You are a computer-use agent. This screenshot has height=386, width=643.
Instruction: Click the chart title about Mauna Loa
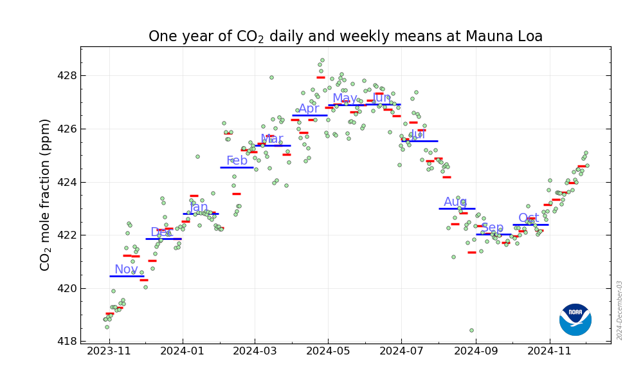pos(345,37)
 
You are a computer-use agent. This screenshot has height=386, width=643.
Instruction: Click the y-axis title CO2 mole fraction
pos(46,194)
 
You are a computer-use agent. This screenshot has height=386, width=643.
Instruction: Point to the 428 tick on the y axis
pos(66,75)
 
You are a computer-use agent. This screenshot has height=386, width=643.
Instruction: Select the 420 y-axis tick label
pos(66,288)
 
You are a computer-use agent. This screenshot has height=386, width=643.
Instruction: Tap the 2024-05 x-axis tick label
pos(328,352)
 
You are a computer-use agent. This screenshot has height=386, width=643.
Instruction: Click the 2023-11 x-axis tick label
pos(109,352)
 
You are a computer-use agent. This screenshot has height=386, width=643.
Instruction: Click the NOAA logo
pos(575,320)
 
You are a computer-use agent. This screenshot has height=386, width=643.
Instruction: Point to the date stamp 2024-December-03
pos(620,310)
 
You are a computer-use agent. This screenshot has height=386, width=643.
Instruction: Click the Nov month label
pos(126,270)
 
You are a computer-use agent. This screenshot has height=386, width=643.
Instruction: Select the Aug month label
pos(455,202)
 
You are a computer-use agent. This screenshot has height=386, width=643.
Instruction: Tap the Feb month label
pos(237,161)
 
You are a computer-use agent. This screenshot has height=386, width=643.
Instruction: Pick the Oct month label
pos(529,218)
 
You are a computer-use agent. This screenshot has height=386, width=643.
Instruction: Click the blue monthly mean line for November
pos(127,276)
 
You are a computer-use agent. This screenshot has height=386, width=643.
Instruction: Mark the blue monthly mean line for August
pos(457,208)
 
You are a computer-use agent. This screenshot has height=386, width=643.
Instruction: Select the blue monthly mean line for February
pos(237,167)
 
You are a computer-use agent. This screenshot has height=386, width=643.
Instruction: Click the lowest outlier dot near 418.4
pos(471,331)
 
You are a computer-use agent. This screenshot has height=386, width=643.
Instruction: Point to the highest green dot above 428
pos(322,60)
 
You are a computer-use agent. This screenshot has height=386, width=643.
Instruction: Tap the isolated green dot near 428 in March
pos(271,77)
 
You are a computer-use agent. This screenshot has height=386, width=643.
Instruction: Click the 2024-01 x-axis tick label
pos(182,352)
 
